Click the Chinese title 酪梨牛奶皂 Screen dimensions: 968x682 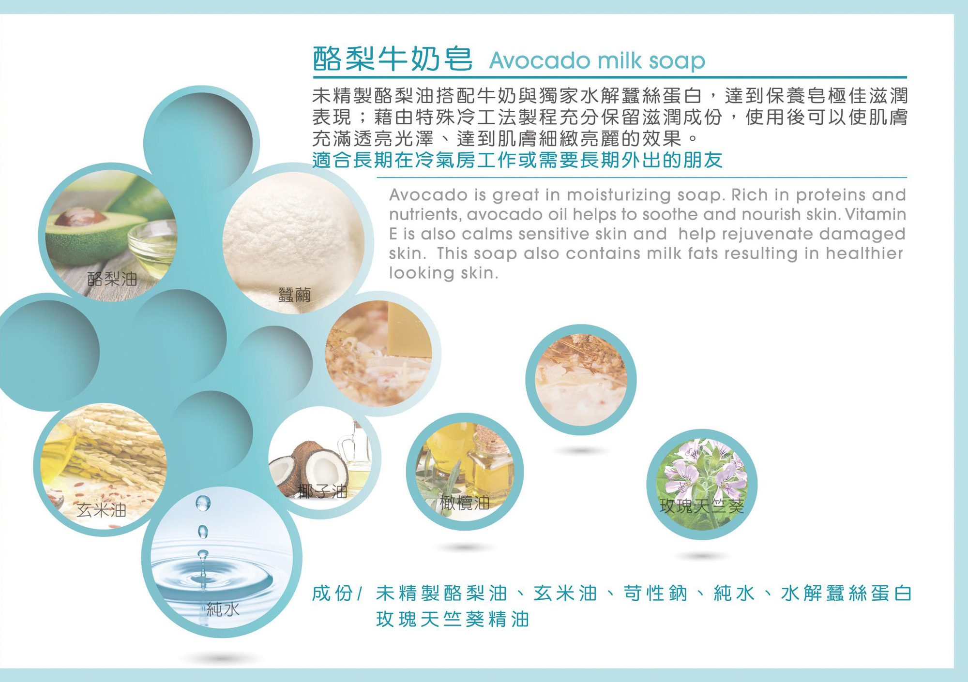[393, 59]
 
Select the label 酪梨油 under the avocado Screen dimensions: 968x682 [112, 279]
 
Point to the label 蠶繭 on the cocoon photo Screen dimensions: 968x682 [294, 295]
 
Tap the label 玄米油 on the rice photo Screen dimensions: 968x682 [101, 510]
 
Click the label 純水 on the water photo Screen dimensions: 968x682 [223, 609]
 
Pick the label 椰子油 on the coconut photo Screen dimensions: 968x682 [323, 491]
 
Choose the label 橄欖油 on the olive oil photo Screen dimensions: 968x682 [465, 503]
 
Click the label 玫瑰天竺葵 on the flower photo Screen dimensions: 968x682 [702, 506]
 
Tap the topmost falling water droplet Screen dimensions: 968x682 [203, 503]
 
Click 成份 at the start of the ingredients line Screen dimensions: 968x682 [333, 593]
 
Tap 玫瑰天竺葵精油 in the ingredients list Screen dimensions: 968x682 [453, 619]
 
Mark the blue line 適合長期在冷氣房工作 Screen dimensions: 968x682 [517, 160]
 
